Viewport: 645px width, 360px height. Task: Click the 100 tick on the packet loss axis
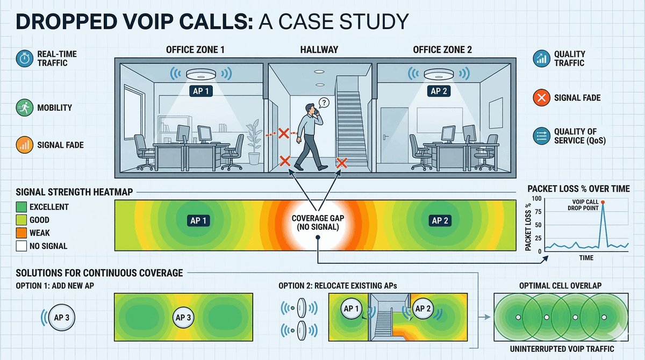coord(537,199)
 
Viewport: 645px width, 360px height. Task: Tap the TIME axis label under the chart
coord(586,258)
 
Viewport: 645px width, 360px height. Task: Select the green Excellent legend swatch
coord(22,207)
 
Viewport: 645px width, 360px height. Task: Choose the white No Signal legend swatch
coord(22,246)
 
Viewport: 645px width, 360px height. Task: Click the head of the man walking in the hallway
coord(310,108)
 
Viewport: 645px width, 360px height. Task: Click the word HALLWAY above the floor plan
coord(319,50)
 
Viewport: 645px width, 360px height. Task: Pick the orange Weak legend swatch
coord(22,233)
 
